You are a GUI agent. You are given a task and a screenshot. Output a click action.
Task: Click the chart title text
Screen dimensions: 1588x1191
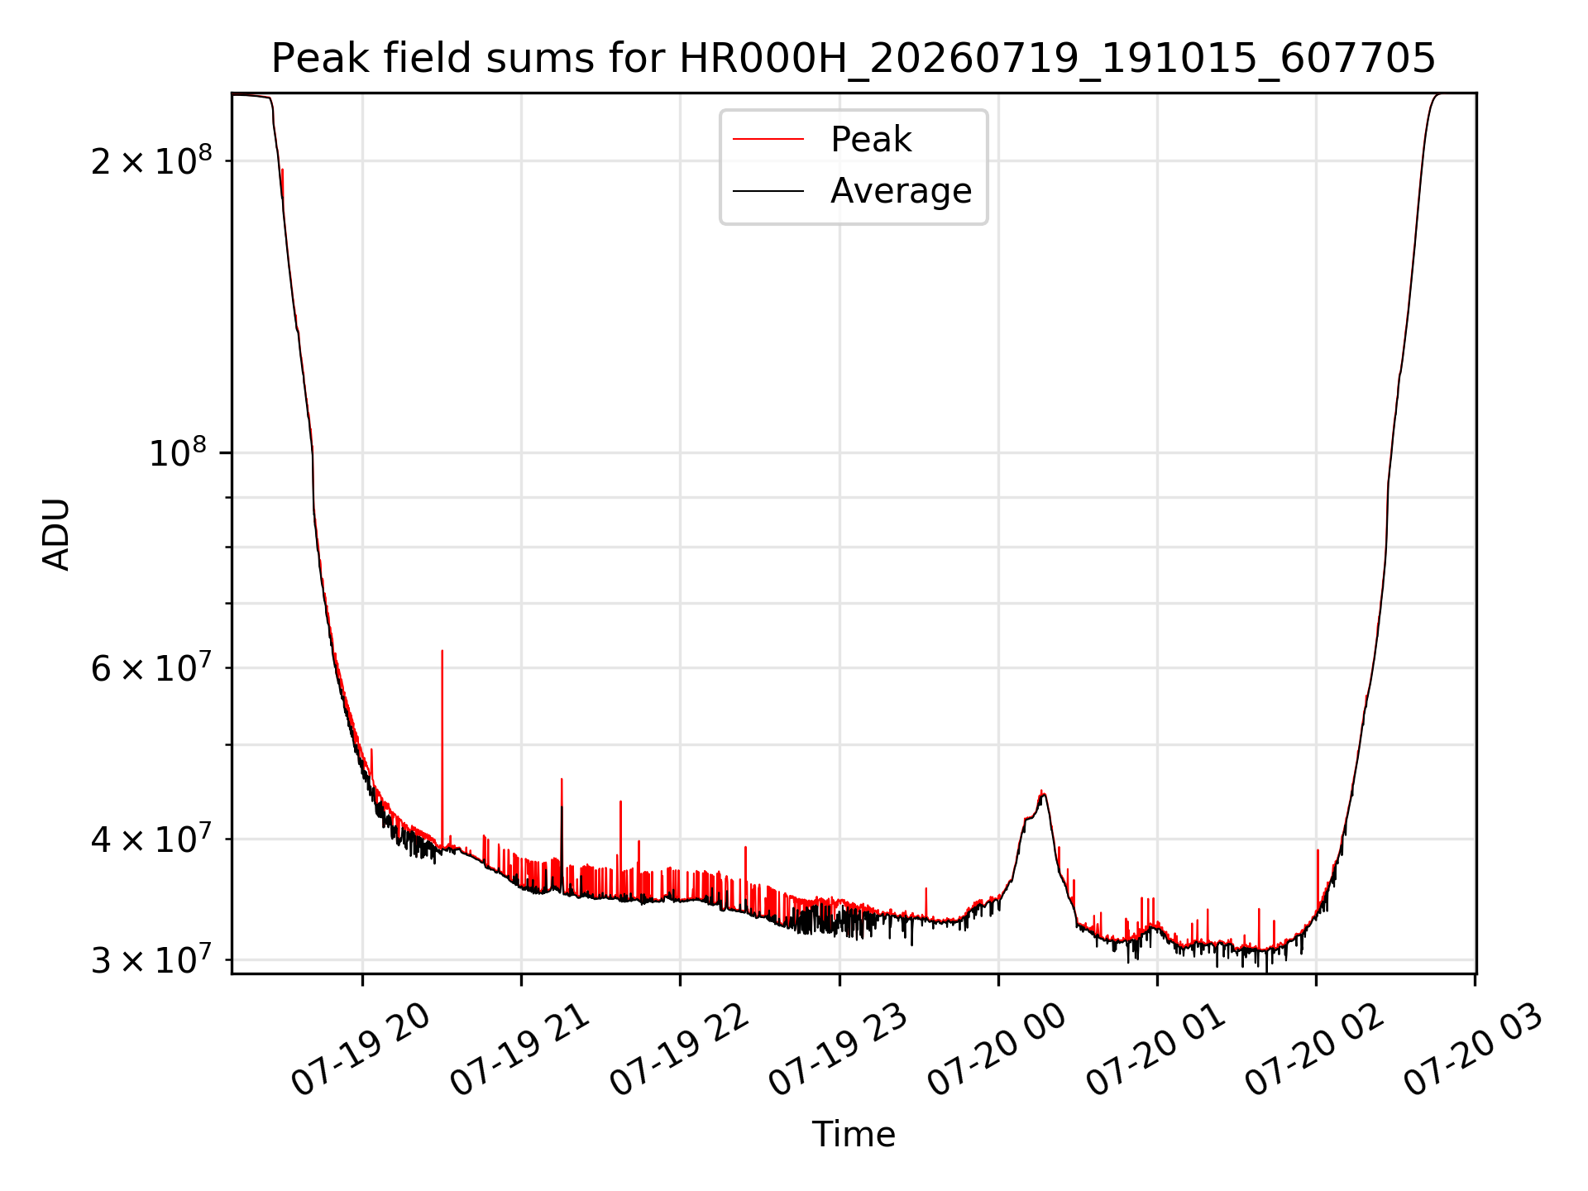pyautogui.click(x=853, y=59)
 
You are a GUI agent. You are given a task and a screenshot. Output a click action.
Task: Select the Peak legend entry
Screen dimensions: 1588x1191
pyautogui.click(x=870, y=140)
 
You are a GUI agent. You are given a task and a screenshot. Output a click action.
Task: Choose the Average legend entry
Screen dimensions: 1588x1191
pyautogui.click(x=901, y=191)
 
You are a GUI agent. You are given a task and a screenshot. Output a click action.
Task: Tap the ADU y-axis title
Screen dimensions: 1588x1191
pyautogui.click(x=56, y=533)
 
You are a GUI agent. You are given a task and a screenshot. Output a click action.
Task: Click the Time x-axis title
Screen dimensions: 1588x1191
pyautogui.click(x=854, y=1135)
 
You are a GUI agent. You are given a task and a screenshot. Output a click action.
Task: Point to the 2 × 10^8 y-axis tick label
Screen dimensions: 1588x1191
pyautogui.click(x=151, y=160)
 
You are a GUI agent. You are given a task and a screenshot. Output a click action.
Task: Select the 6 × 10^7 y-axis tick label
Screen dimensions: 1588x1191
pyautogui.click(x=151, y=667)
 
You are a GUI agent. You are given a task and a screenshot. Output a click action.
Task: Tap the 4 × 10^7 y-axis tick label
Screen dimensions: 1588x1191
pyautogui.click(x=151, y=839)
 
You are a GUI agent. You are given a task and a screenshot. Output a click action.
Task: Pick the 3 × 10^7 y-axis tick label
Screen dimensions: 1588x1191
pyautogui.click(x=151, y=960)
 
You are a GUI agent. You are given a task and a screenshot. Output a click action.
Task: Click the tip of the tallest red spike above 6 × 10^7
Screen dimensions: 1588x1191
pyautogui.click(x=442, y=651)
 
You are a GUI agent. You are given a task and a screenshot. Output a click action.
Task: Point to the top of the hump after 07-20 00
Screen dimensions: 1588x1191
pyautogui.click(x=1042, y=791)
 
